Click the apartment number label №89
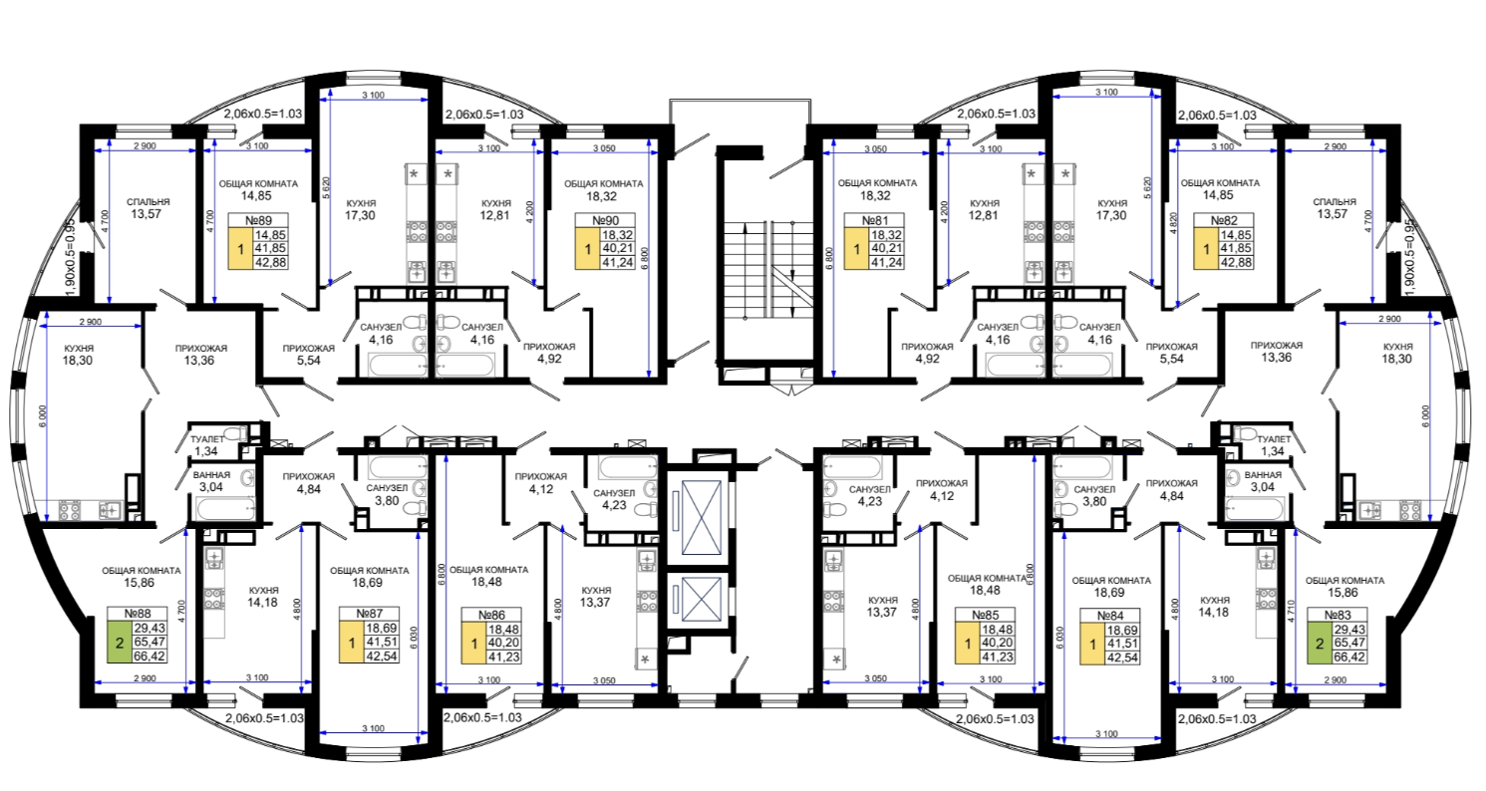[258, 221]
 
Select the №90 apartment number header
[605, 221]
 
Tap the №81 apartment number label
[874, 221]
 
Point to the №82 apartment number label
[1224, 221]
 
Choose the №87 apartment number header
[369, 614]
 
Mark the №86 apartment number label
[491, 615]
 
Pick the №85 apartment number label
[985, 615]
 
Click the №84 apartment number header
[1110, 616]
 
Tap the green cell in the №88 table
[120, 643]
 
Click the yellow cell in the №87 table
[352, 643]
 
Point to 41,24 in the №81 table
[886, 263]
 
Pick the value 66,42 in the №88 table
[149, 657]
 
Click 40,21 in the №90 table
[617, 249]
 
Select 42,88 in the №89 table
[271, 263]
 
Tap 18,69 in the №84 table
[1122, 630]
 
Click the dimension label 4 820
[1172, 224]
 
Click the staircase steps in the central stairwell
[768, 269]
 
